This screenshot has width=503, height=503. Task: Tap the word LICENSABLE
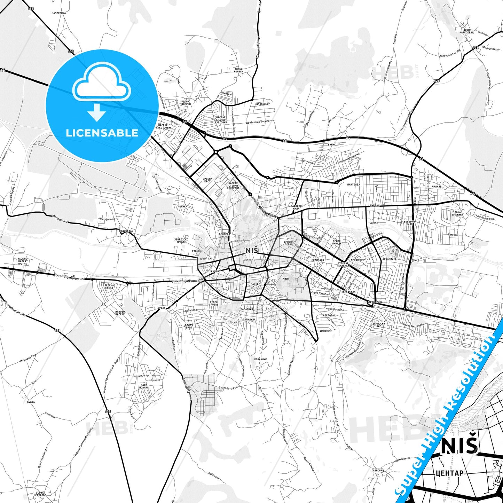(102, 133)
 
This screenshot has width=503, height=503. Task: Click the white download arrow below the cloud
(97, 112)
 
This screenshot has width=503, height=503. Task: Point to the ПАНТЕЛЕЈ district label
(353, 184)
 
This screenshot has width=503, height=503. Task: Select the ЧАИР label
(286, 279)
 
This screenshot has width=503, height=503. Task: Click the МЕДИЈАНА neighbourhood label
(317, 260)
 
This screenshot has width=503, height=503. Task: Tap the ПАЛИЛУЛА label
(249, 319)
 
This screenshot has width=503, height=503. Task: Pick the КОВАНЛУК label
(260, 359)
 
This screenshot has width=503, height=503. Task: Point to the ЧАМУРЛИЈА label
(58, 13)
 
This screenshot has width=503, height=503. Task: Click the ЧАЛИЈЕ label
(437, 187)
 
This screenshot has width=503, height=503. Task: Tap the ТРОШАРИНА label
(375, 302)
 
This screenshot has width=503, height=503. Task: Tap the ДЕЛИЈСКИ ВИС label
(379, 325)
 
